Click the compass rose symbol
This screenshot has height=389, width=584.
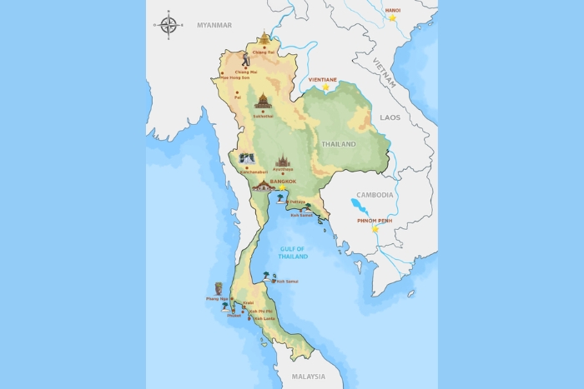coord(169,25)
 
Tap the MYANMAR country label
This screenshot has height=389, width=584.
coord(214,26)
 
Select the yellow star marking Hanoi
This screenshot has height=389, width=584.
coord(391,17)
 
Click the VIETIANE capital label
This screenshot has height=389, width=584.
coord(323,79)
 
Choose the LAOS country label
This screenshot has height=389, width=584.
coord(390,117)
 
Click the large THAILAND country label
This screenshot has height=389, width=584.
coord(339,144)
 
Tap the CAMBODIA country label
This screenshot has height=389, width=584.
coord(375,195)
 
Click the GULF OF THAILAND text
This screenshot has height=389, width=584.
coord(294,252)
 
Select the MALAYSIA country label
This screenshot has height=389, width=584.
coord(309,377)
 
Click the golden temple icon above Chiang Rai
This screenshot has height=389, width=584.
coord(264,38)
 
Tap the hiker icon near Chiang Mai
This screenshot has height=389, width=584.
coord(246,60)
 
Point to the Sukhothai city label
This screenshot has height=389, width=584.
coord(264,116)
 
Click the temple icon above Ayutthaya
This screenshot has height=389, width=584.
coord(282,160)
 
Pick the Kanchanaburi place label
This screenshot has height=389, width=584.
coord(254,172)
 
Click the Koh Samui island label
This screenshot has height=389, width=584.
coord(287,282)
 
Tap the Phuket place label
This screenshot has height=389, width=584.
coord(234,315)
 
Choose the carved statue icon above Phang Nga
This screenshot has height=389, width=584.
coord(219,288)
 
